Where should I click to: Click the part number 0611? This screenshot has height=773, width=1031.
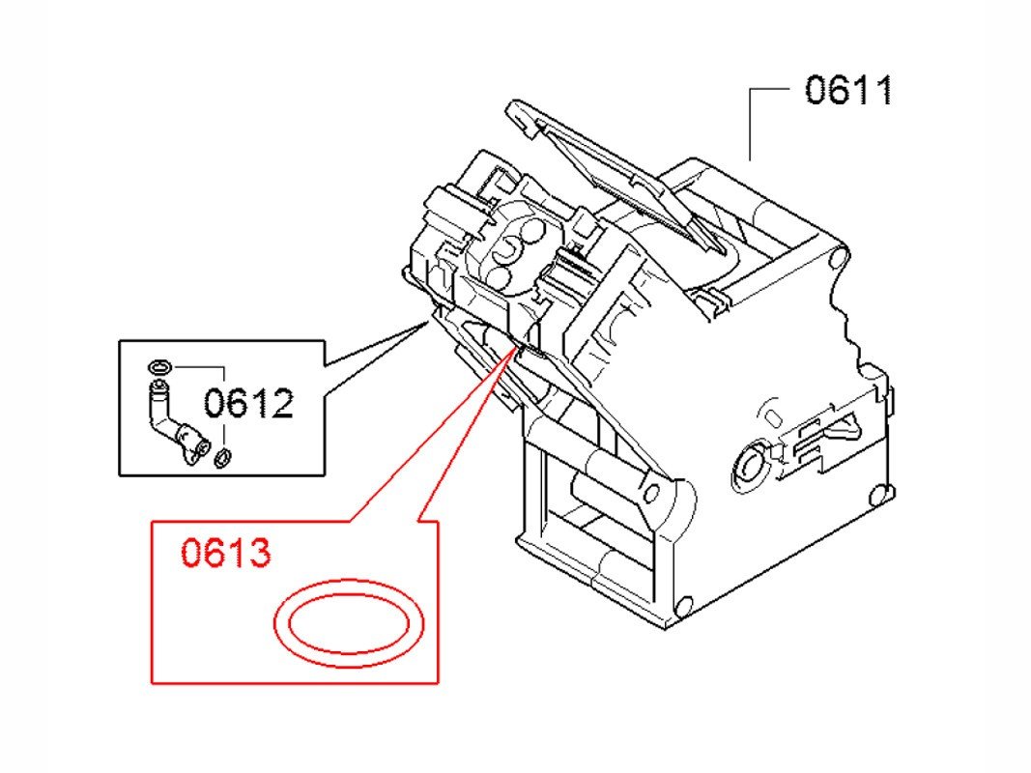(x=849, y=90)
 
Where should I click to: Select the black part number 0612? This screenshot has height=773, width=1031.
(x=248, y=403)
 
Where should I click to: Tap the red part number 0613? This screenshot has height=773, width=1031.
(x=225, y=553)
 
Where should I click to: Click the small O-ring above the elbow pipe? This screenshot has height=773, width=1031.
(x=159, y=365)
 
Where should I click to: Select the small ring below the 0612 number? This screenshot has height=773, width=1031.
(x=224, y=457)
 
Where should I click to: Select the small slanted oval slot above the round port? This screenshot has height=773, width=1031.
(x=773, y=417)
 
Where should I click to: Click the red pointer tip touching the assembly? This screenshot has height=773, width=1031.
(x=517, y=348)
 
